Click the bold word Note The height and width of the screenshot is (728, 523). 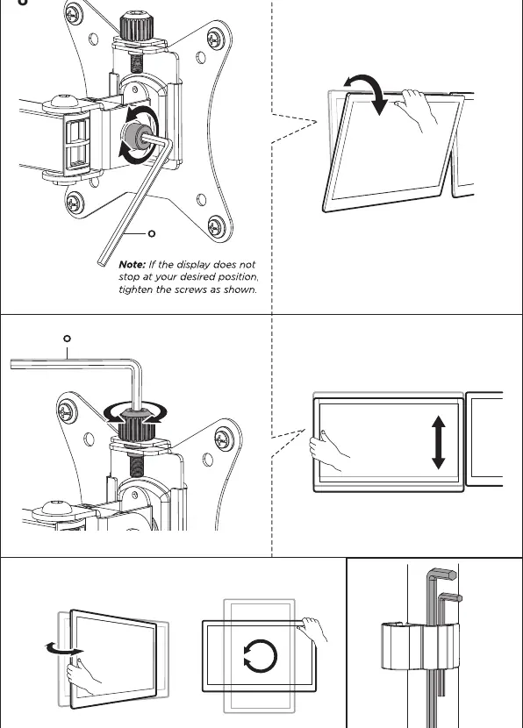click(132, 265)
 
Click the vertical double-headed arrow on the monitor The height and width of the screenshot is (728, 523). click(439, 442)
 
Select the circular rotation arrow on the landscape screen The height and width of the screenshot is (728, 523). click(260, 656)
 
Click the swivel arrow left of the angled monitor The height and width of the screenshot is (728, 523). click(65, 648)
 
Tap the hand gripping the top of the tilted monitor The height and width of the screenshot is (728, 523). click(416, 110)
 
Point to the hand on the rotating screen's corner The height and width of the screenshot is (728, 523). click(313, 629)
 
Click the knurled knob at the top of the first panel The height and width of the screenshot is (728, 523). click(133, 26)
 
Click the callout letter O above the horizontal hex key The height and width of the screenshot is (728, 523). click(67, 339)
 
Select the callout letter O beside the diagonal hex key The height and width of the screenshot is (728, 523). click(151, 233)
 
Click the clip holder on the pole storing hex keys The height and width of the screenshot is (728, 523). click(420, 646)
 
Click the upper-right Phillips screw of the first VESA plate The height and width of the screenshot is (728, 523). click(216, 38)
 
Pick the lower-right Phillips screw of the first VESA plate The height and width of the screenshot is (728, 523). click(217, 226)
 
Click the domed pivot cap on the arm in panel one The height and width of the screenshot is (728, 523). click(64, 101)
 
